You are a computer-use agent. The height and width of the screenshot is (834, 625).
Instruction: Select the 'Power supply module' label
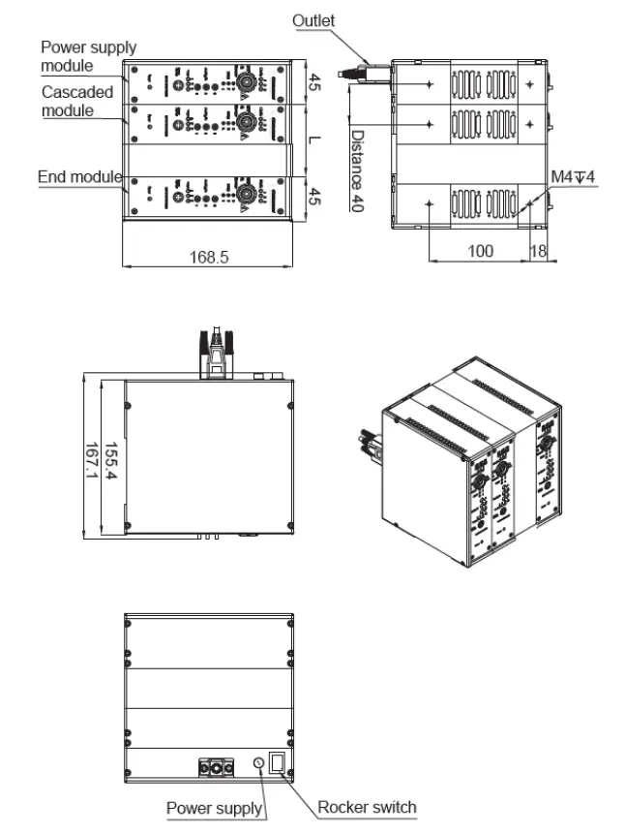click(88, 56)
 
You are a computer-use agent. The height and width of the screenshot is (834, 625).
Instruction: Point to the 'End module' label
click(78, 177)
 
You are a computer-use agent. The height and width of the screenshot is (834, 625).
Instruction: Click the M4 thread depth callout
click(573, 176)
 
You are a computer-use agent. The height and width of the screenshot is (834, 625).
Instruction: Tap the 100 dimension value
click(480, 251)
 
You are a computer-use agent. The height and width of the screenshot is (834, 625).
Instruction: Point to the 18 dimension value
click(538, 251)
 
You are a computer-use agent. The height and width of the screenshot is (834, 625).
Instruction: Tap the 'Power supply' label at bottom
click(214, 808)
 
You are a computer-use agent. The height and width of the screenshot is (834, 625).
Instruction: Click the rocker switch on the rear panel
click(278, 761)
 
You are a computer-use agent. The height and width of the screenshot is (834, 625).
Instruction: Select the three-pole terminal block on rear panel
click(218, 766)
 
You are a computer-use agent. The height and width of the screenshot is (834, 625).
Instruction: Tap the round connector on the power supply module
click(246, 82)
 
